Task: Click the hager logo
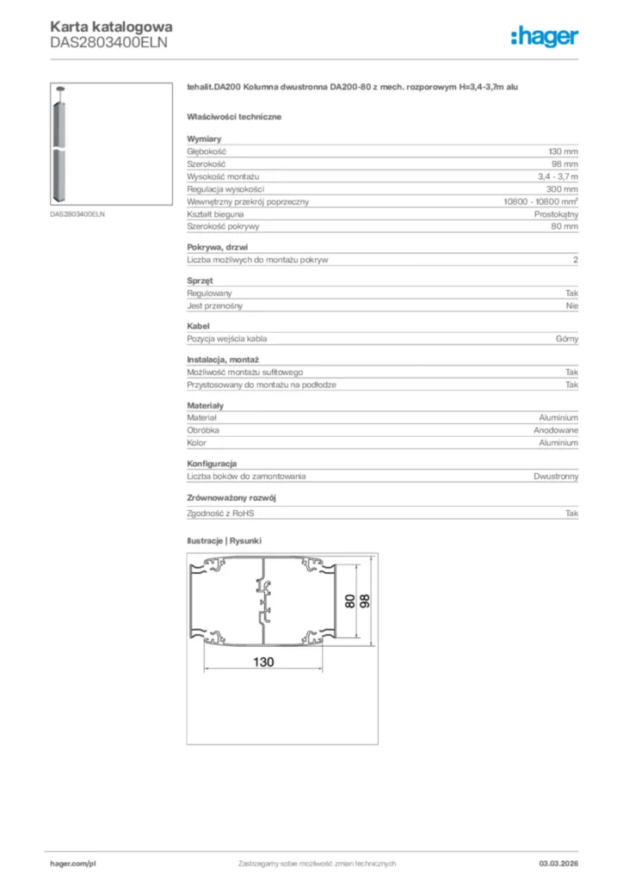click(544, 36)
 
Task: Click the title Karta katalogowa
click(111, 27)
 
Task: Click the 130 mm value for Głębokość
click(564, 151)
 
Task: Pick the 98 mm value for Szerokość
click(565, 163)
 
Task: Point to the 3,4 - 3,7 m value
click(558, 176)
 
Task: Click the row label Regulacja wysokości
click(225, 189)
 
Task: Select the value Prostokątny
click(556, 214)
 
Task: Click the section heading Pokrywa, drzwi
click(217, 247)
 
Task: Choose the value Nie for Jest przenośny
click(572, 305)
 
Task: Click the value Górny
click(567, 339)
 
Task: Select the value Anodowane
click(556, 430)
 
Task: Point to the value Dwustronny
click(556, 476)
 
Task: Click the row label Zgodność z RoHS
click(221, 514)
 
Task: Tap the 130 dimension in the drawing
click(263, 662)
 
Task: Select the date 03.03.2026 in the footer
click(558, 863)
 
